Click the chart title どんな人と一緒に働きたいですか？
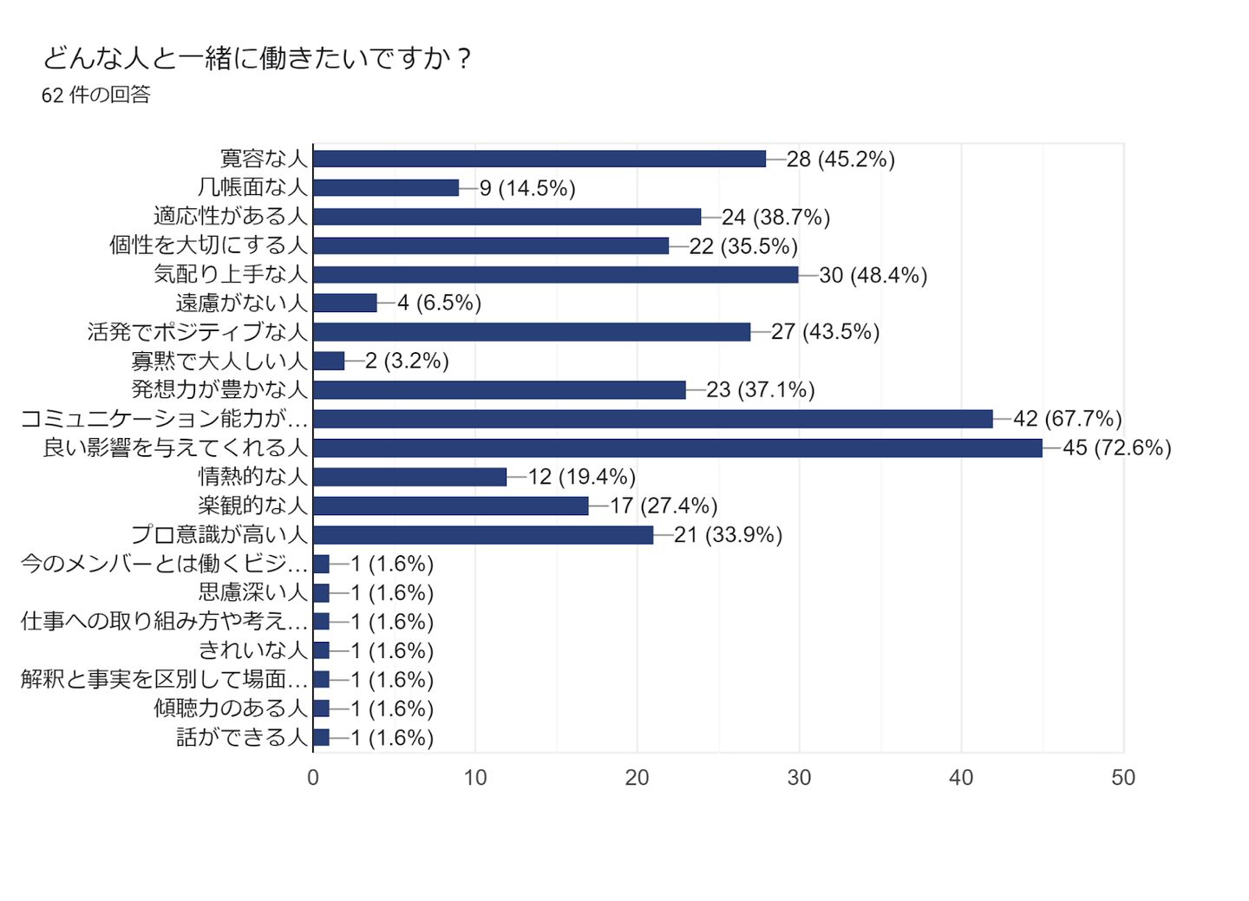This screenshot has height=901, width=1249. [x=257, y=58]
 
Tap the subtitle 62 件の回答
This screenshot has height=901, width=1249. [x=96, y=95]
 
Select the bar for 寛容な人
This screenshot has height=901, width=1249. [x=539, y=159]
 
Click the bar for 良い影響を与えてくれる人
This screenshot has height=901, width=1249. [x=677, y=447]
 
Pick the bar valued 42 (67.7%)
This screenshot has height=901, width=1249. [x=652, y=419]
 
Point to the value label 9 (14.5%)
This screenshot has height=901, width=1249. [x=527, y=188]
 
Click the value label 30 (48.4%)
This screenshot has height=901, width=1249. [x=873, y=275]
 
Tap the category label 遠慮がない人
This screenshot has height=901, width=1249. [x=242, y=303]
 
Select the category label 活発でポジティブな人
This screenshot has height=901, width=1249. [x=198, y=331]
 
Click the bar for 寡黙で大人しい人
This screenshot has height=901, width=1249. [x=329, y=361]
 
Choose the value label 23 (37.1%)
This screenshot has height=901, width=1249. [x=761, y=390]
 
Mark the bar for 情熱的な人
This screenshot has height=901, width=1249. [x=409, y=477]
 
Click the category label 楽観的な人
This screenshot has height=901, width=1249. [x=253, y=506]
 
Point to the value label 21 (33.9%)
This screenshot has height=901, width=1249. [x=728, y=535]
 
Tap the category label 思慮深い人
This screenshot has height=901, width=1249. [x=253, y=592]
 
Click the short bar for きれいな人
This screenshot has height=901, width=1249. [x=321, y=650]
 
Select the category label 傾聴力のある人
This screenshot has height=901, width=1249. [x=231, y=708]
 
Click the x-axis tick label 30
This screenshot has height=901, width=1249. [x=799, y=777]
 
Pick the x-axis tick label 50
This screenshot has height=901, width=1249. [x=1123, y=777]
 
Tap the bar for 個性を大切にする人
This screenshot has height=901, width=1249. [x=491, y=245]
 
